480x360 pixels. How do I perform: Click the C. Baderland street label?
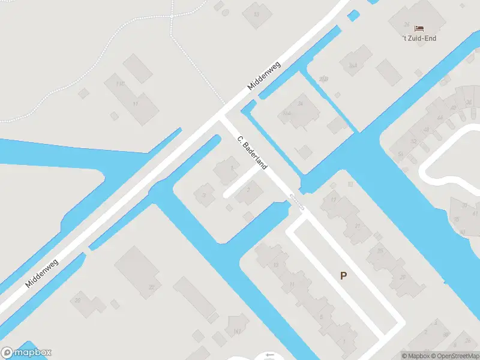252,154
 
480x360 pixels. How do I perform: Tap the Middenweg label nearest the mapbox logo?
42,273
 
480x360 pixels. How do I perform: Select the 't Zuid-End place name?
419,38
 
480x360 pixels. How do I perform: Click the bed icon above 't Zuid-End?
419,28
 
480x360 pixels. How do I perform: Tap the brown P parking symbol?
344,276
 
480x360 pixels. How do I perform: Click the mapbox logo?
26,353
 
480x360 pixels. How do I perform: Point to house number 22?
151,287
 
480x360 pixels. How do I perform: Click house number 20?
77,301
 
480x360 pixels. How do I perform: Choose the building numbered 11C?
120,83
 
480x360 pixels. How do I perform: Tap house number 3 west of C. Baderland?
205,195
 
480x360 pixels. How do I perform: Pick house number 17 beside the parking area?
334,200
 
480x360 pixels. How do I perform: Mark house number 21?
358,226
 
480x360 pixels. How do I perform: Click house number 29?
403,277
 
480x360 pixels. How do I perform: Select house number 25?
380,251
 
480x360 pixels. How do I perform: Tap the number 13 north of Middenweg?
257,13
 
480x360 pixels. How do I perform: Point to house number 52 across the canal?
413,142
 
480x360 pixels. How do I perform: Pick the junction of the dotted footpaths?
172,16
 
